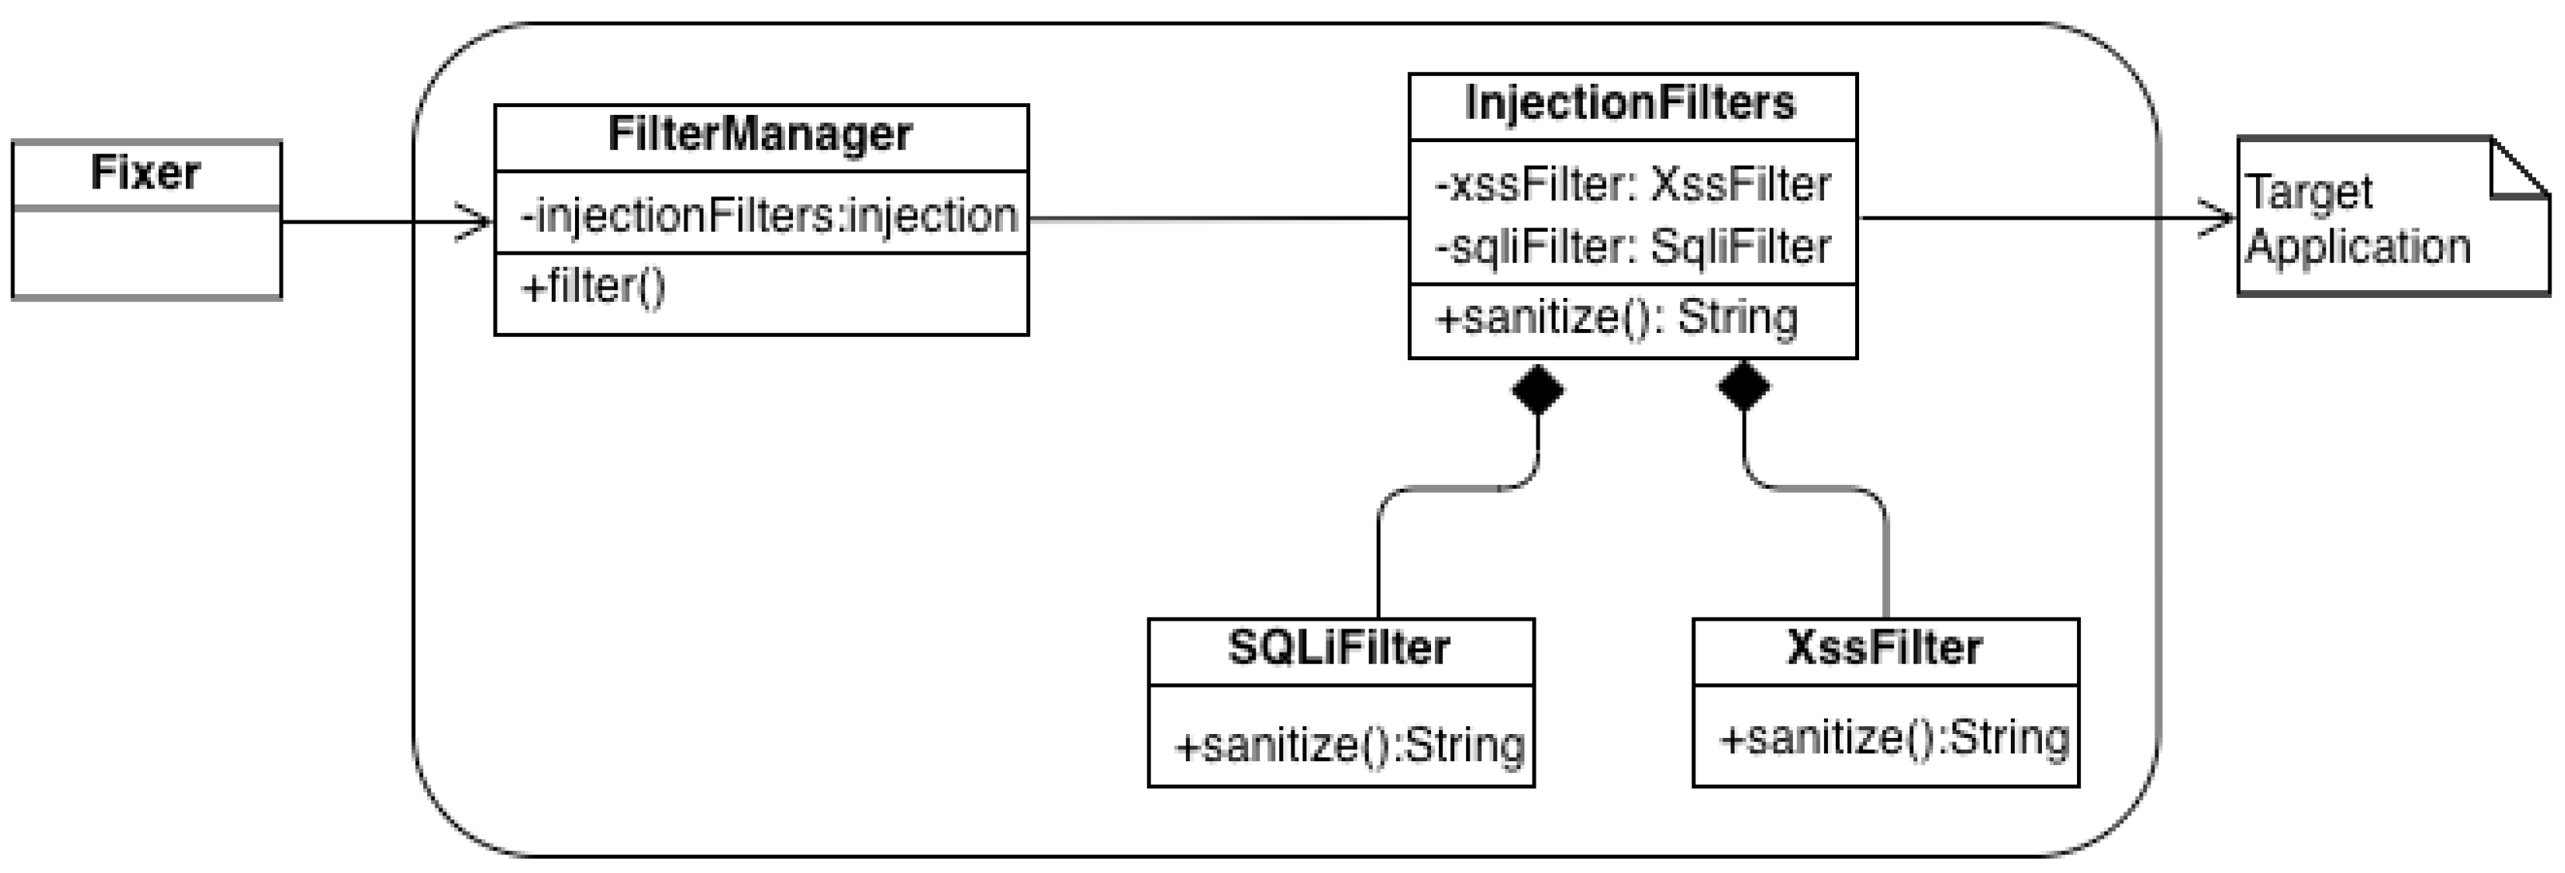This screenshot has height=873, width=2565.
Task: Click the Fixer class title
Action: (x=145, y=173)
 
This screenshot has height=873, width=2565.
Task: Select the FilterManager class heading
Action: (x=759, y=134)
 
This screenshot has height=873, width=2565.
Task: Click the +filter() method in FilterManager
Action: (x=593, y=288)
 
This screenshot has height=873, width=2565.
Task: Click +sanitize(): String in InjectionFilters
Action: (x=1616, y=319)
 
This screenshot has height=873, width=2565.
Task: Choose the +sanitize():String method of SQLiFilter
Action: (x=1350, y=745)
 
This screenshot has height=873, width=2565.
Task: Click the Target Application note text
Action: (x=2357, y=220)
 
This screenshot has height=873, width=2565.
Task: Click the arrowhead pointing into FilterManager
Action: (x=476, y=221)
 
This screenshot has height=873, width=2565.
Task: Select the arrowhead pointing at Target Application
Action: (x=2218, y=218)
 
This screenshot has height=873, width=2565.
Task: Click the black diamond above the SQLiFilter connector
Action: (x=1537, y=389)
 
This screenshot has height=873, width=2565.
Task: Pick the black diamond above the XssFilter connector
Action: (x=1743, y=387)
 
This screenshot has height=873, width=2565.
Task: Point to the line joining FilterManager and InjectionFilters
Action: (x=1218, y=218)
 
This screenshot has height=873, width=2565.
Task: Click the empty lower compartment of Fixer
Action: (x=146, y=253)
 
